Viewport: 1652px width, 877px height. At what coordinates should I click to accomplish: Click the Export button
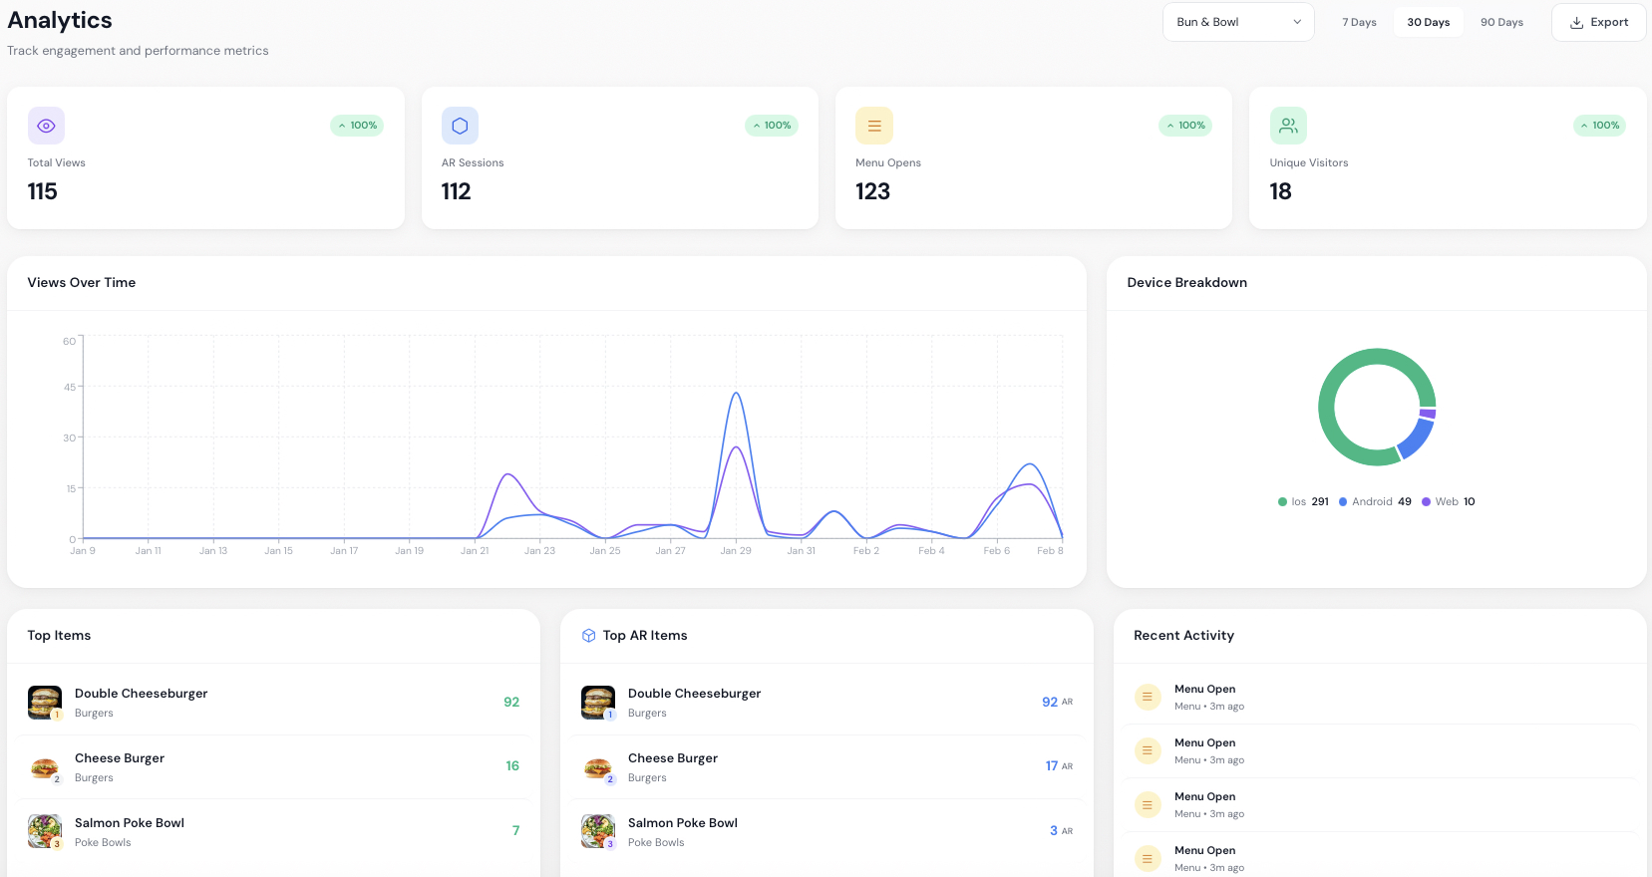[x=1598, y=22]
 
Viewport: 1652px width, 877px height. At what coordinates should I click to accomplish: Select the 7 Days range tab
[x=1359, y=22]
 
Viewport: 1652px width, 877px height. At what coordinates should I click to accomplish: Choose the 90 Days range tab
[x=1501, y=22]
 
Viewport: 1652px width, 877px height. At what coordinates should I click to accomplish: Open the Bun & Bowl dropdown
[x=1238, y=22]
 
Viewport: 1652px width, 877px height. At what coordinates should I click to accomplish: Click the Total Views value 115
[x=43, y=191]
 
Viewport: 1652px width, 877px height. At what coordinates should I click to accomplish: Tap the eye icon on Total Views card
[x=46, y=126]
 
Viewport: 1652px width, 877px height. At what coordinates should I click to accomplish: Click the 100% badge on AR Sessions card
[x=772, y=126]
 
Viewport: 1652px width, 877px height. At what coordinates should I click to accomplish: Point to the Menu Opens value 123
[x=872, y=191]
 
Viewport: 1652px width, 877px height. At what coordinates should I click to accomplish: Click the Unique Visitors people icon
[x=1288, y=126]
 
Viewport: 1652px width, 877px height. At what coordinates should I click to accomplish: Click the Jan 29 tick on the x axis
[x=736, y=550]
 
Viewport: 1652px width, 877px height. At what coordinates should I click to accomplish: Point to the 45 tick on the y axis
[x=70, y=387]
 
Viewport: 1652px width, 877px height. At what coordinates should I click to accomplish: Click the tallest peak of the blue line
[x=736, y=394]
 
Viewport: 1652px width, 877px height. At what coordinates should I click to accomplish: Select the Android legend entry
[x=1375, y=501]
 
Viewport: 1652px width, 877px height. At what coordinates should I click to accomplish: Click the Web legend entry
[x=1448, y=501]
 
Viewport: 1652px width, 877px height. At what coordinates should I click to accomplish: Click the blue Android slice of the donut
[x=1417, y=438]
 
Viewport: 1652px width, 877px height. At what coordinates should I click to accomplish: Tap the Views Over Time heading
[x=82, y=282]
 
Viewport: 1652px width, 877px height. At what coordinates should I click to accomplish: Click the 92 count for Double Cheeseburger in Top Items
[x=511, y=702]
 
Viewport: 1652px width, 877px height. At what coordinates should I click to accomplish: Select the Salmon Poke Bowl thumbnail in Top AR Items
[x=598, y=830]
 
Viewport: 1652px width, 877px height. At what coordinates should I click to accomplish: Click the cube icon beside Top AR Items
[x=588, y=635]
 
